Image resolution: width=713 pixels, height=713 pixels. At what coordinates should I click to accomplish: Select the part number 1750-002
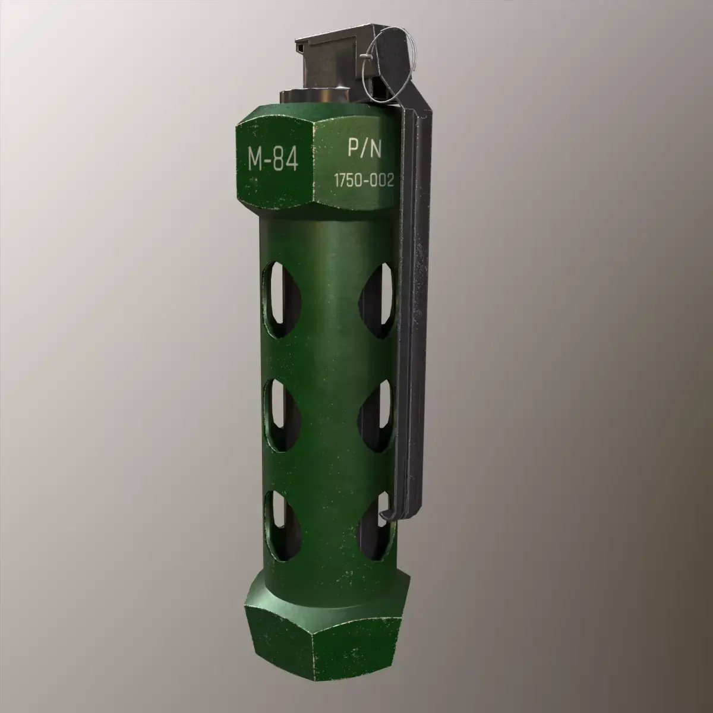tap(364, 182)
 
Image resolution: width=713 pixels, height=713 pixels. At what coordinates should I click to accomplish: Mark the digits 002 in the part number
tap(381, 182)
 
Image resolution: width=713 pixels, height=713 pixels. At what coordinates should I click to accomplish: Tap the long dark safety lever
tap(416, 297)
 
